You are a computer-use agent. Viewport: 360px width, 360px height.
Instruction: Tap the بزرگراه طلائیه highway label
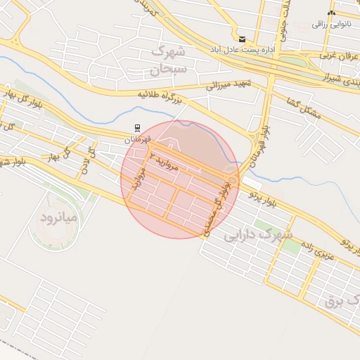[x=159, y=96]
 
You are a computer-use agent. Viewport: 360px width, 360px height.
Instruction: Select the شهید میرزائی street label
[x=229, y=85]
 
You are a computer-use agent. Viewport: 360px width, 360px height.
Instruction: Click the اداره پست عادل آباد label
[x=242, y=51]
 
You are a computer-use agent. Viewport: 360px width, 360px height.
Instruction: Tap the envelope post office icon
[x=242, y=39]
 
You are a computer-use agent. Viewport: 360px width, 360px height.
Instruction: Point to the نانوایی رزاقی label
[x=330, y=24]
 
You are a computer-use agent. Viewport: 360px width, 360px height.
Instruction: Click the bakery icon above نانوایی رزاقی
[x=331, y=13]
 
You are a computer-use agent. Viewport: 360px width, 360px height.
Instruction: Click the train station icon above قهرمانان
[x=136, y=129]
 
